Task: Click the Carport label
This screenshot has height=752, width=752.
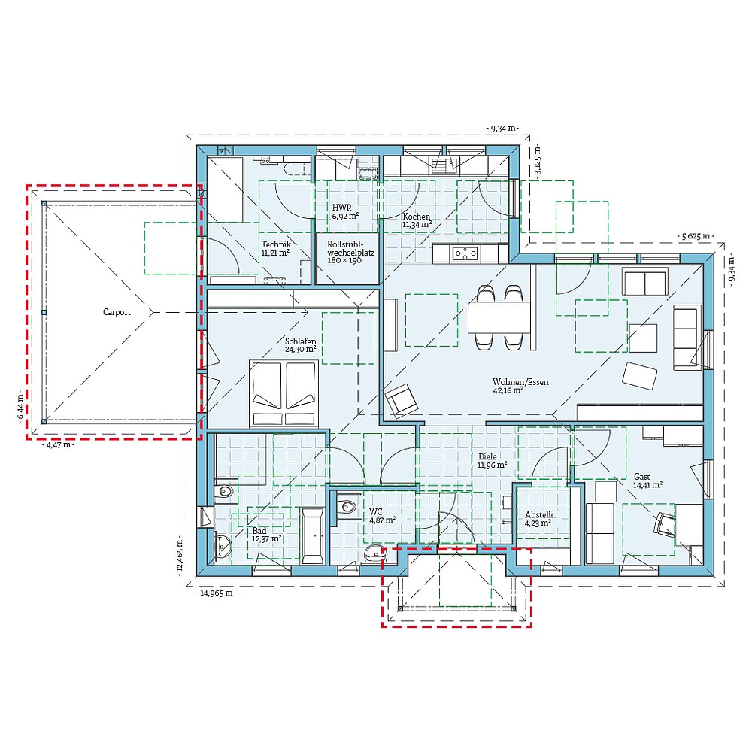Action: point(117,312)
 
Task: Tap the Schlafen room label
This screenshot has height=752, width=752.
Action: point(301,341)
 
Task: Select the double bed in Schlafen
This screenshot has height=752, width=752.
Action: point(284,393)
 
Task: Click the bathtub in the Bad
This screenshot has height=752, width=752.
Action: point(313,536)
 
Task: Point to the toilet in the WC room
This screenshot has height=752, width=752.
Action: point(346,507)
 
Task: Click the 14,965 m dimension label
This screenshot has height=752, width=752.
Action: point(217,593)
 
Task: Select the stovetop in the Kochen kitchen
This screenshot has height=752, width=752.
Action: point(465,253)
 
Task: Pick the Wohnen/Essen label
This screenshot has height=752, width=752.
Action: point(520,382)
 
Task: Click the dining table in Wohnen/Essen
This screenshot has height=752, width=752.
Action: point(499,317)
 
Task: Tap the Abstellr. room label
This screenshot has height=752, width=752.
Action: point(540,515)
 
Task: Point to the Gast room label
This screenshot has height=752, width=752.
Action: point(641,476)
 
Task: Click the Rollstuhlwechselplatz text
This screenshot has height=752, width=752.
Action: point(350,248)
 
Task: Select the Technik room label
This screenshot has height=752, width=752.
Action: point(276,244)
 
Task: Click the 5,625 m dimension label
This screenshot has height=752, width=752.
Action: point(695,236)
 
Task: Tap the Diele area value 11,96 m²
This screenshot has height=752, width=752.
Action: point(493,465)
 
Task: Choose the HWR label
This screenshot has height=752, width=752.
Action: point(342,208)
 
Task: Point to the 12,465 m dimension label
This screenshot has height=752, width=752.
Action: point(180,556)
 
